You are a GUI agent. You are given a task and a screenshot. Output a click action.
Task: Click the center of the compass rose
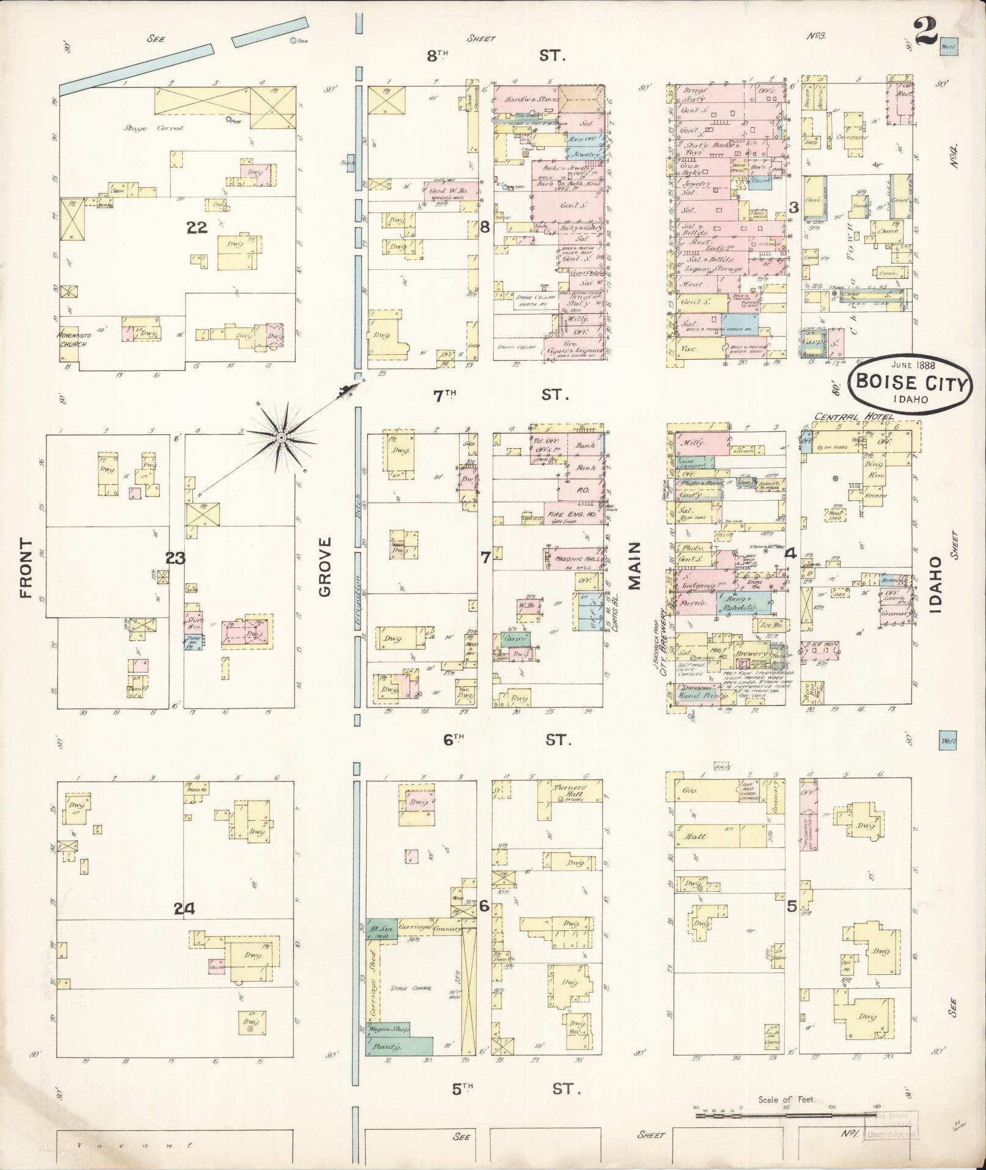pos(281,438)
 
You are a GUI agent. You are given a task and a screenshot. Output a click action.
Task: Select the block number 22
pos(197,228)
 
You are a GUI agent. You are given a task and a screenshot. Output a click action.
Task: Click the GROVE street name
pos(324,566)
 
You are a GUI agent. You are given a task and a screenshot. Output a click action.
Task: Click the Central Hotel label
pos(853,417)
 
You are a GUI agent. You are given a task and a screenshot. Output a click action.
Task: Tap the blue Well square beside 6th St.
pos(947,741)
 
